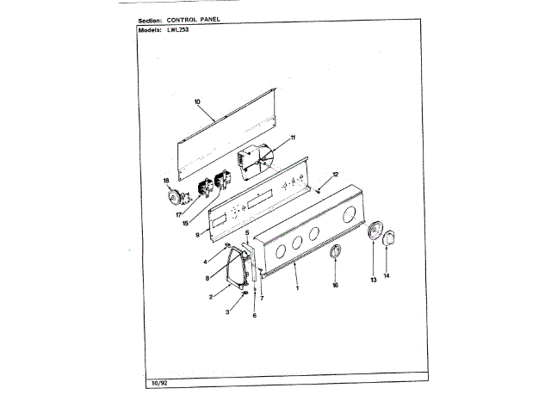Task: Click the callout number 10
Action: [x=197, y=102]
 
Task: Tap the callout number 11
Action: [x=293, y=138]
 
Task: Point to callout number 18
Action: [x=166, y=181]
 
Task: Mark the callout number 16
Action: [x=335, y=284]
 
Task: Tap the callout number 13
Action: [x=373, y=280]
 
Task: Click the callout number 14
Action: [x=386, y=275]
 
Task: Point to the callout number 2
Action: [x=210, y=297]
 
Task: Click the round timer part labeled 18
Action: [x=176, y=195]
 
